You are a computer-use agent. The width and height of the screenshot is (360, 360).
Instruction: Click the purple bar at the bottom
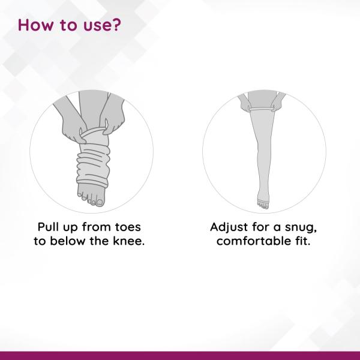point(180,355)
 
